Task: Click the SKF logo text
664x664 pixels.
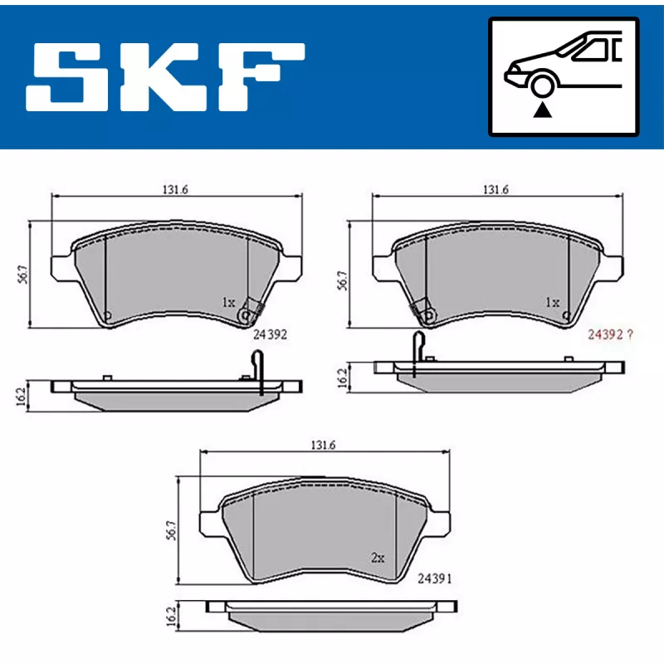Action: tap(165, 76)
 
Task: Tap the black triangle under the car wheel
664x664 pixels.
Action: tap(543, 110)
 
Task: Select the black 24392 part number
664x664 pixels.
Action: tap(270, 334)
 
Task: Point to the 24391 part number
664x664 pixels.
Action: tap(435, 579)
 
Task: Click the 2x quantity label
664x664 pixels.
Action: tap(378, 558)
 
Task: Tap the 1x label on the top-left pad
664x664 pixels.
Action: tap(229, 302)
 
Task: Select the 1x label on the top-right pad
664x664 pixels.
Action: tap(553, 302)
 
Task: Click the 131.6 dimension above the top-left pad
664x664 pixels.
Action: tap(175, 189)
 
